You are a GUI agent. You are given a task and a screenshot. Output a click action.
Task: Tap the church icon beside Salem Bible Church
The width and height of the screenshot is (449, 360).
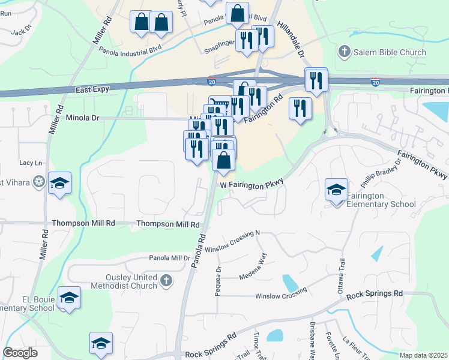345,52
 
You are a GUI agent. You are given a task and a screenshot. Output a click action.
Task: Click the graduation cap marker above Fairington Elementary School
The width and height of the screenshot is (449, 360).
336,190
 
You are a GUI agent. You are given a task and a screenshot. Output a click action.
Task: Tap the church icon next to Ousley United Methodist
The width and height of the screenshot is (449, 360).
166,280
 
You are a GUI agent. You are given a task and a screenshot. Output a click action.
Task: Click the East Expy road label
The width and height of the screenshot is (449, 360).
92,89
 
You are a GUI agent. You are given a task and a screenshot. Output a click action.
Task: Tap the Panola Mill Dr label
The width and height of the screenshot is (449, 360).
169,258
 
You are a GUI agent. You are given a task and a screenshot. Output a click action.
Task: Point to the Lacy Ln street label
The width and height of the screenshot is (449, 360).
31,163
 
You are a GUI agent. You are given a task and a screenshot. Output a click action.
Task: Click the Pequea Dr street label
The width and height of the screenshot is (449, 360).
218,281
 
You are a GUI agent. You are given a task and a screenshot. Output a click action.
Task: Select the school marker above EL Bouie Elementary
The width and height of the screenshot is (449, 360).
70,299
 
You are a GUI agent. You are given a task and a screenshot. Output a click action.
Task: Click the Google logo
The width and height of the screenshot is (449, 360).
20,353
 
